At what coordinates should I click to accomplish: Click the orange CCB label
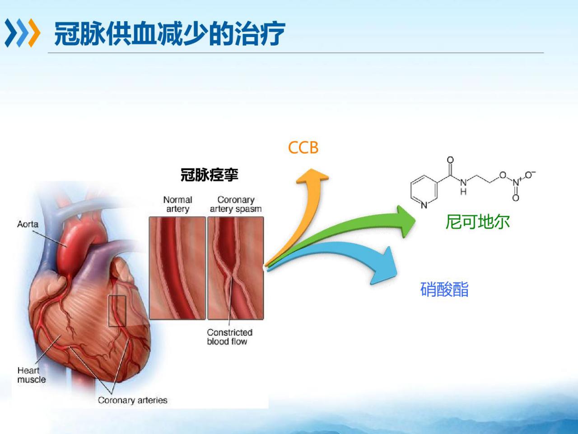click(303, 148)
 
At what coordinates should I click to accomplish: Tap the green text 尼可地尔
click(477, 222)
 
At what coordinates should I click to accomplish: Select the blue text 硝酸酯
click(444, 289)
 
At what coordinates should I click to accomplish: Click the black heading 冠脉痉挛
click(210, 175)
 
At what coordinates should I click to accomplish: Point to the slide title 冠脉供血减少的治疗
click(170, 34)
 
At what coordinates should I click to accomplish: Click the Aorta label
click(28, 224)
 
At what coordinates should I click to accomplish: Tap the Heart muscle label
click(32, 375)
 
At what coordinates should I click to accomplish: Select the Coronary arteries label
click(132, 400)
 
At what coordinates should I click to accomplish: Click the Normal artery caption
click(178, 204)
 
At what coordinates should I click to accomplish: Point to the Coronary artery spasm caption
click(236, 204)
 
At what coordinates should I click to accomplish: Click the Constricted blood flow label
click(230, 337)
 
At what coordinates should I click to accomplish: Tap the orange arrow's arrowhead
click(312, 176)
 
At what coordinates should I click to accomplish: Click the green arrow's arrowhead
click(406, 221)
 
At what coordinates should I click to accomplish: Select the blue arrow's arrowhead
click(384, 266)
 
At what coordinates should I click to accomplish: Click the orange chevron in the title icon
click(34, 33)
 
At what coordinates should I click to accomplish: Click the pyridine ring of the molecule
click(424, 191)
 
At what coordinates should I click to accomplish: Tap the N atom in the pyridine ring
click(424, 205)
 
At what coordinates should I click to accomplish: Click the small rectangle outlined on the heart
click(117, 311)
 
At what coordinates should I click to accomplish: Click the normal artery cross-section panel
click(177, 268)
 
